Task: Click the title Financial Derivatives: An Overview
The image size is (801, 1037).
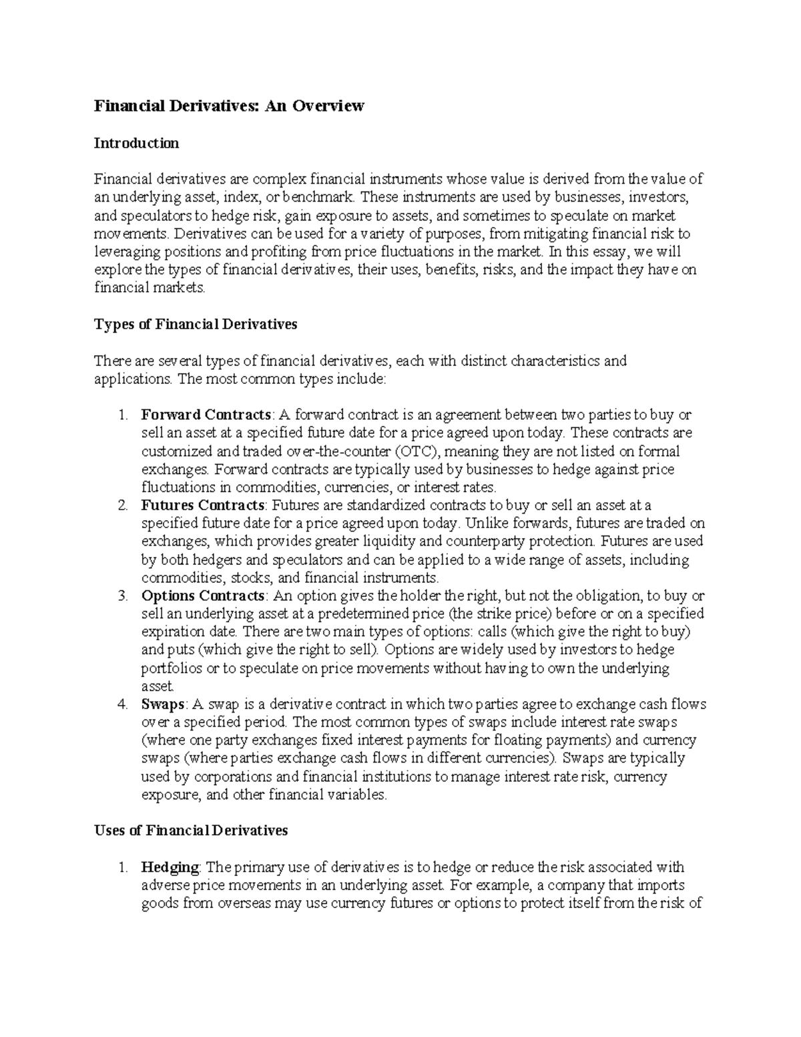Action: pos(229,106)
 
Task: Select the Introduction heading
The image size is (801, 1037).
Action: pos(136,143)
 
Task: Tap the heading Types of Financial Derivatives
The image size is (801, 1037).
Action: pos(196,325)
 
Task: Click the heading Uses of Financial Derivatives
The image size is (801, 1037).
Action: pos(191,830)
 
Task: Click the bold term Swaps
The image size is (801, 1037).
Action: pos(163,704)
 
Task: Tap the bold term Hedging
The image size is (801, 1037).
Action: pos(170,867)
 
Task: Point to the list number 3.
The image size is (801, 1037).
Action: pos(122,596)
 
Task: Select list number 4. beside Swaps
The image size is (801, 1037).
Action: pos(122,704)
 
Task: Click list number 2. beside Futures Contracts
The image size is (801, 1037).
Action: pos(122,505)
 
